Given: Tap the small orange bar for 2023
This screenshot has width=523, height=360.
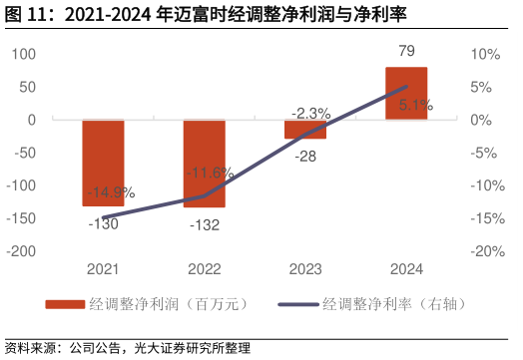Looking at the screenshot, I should point(304,129).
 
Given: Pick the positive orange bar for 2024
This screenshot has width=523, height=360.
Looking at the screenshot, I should point(405,94).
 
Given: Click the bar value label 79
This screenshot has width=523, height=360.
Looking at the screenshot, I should point(405,51).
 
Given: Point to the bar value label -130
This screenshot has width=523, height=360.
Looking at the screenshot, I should point(103,224).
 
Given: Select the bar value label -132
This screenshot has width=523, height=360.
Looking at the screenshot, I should point(204,225).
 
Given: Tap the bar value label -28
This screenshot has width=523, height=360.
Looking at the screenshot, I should point(304,157).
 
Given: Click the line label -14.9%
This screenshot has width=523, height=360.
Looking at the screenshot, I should point(111,192).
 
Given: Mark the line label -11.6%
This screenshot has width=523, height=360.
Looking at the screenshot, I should point(211,173).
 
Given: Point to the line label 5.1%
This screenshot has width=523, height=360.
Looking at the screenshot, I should point(415,104).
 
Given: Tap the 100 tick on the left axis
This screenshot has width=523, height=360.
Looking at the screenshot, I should point(23,54).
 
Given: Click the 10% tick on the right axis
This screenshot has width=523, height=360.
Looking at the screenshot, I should point(485,54).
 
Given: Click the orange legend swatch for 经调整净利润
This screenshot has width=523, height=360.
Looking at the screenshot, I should point(65,304).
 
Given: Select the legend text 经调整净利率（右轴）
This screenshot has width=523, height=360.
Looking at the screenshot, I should point(394,304).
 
